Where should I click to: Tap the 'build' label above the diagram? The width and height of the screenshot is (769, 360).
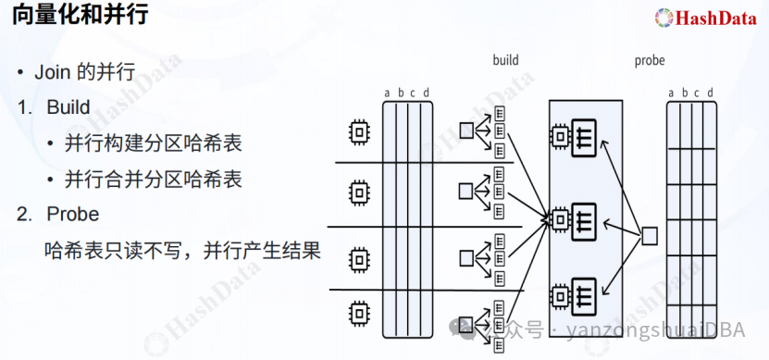click(x=505, y=60)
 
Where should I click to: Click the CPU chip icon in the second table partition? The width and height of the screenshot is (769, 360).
click(x=356, y=192)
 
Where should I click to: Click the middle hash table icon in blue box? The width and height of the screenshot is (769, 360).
click(x=583, y=218)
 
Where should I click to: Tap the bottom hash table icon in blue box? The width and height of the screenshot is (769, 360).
click(x=583, y=295)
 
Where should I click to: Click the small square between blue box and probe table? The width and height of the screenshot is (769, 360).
click(x=650, y=236)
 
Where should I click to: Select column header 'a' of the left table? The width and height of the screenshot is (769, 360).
click(x=388, y=93)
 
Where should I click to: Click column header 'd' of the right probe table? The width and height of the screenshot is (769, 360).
click(x=710, y=93)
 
